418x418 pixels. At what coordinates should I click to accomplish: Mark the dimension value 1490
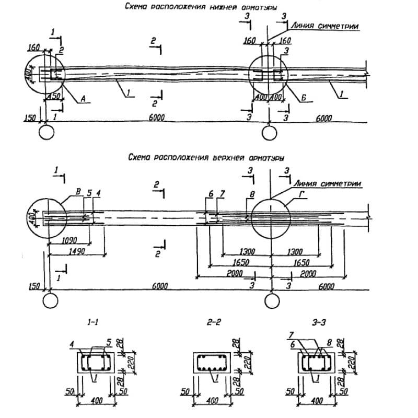click(x=76, y=252)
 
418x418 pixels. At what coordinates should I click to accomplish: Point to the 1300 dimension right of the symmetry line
click(x=295, y=252)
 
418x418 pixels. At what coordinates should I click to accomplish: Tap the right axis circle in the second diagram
click(x=271, y=301)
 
